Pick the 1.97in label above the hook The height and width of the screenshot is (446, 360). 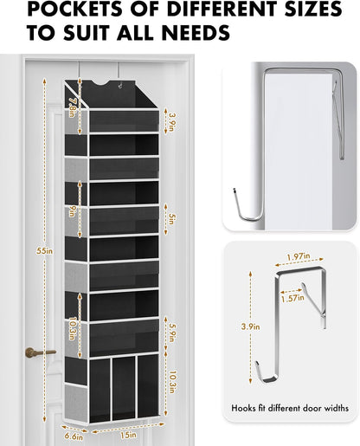pos(299,257)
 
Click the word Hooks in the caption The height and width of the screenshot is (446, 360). pos(247,405)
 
